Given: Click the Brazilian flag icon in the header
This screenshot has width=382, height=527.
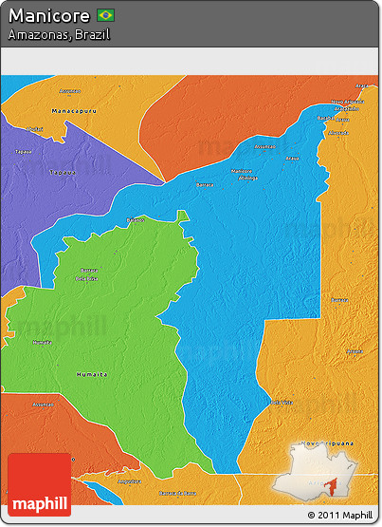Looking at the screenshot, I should point(106,15).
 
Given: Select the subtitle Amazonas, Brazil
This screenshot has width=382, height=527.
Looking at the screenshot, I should point(58,34).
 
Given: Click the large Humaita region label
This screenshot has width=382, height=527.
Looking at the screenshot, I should point(91,374).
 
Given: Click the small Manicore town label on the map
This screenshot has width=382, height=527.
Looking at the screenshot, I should point(242,170).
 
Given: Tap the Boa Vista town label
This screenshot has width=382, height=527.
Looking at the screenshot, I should point(281,402).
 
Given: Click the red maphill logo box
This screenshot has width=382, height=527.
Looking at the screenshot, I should point(39,484).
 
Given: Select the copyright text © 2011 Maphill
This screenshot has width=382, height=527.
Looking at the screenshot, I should point(340,515).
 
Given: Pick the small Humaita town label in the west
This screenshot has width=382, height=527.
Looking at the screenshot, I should point(42,342).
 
